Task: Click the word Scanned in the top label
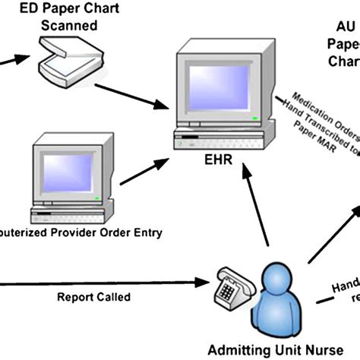click(69, 26)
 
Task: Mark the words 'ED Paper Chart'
click(69, 10)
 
